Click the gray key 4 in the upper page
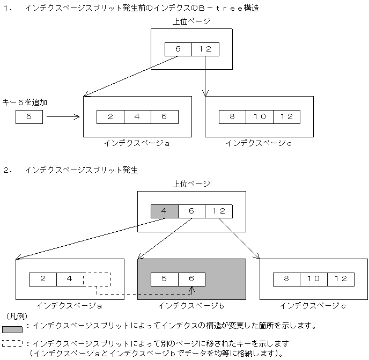point(164,211)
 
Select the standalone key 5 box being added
point(29,116)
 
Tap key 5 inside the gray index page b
point(164,279)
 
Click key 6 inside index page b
point(191,279)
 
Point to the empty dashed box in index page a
point(97,279)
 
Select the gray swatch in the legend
point(12,329)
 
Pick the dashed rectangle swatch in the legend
point(12,343)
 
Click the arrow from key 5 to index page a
point(63,116)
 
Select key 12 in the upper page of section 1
point(205,49)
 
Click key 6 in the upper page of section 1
point(178,49)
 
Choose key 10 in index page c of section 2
point(314,279)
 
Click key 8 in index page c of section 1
point(232,116)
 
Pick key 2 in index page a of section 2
point(42,279)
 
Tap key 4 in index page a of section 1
point(137,116)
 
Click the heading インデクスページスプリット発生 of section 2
point(82,170)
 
